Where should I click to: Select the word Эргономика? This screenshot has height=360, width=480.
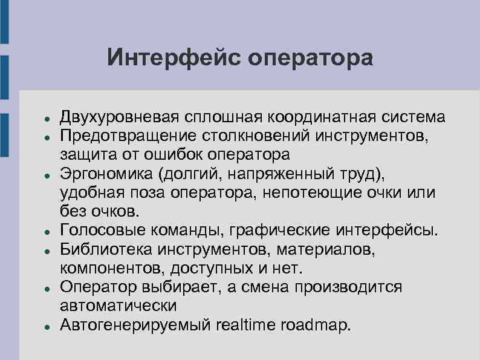coord(106,174)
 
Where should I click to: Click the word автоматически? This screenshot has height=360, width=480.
coord(118,306)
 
